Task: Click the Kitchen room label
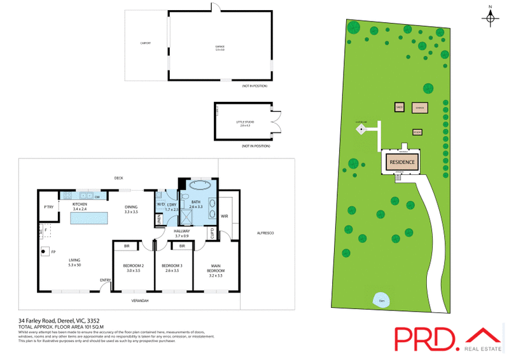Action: click(x=80, y=205)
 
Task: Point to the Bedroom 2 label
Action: click(x=133, y=268)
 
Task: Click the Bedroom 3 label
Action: click(x=172, y=268)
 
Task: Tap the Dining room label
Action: click(x=131, y=209)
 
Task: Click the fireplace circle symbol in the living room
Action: click(x=44, y=252)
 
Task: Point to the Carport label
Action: click(x=146, y=43)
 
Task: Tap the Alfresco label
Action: click(x=265, y=235)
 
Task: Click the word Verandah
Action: click(x=140, y=300)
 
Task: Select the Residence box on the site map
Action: click(x=402, y=162)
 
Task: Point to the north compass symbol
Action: click(x=490, y=17)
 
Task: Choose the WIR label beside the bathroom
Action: click(x=225, y=217)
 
